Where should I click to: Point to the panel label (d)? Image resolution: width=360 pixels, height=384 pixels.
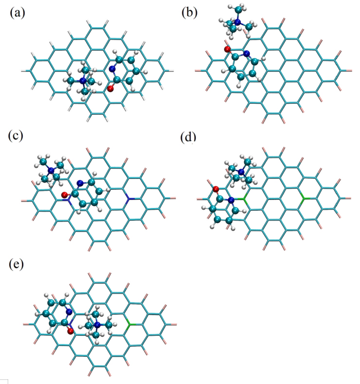point(189,137)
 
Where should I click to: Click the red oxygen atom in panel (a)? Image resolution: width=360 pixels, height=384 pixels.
point(110,89)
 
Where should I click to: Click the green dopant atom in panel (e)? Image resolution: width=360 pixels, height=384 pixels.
point(129,324)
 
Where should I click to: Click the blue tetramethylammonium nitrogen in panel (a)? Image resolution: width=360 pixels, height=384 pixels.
point(83,80)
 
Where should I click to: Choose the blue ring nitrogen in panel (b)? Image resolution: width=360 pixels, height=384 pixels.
point(246,53)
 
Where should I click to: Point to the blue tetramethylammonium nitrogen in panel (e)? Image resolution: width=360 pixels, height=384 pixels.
point(97,324)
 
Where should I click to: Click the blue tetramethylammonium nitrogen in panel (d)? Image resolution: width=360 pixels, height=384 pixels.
point(237,170)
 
